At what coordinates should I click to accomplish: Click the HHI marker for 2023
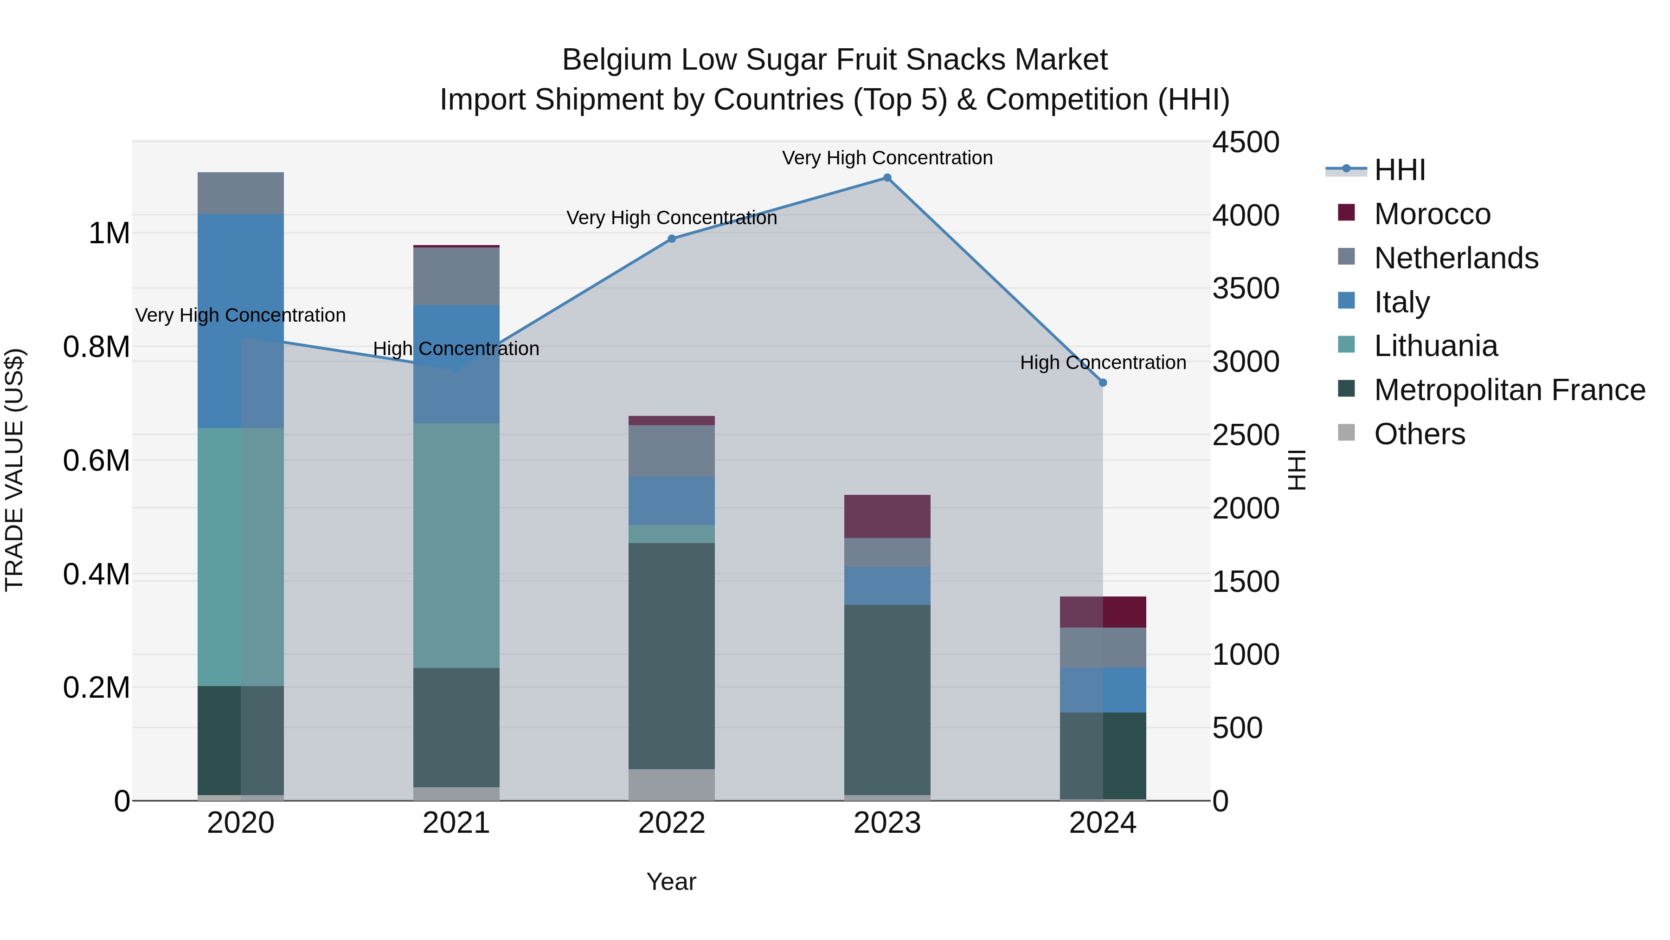[x=887, y=178]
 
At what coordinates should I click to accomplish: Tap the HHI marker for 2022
[x=672, y=239]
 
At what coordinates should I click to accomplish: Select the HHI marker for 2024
[x=1103, y=383]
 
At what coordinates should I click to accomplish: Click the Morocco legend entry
[x=1432, y=214]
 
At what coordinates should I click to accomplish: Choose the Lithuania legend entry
[x=1435, y=346]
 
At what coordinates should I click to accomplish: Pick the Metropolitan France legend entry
[x=1509, y=390]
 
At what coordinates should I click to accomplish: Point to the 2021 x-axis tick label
[x=456, y=823]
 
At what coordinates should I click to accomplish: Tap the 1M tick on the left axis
[x=109, y=233]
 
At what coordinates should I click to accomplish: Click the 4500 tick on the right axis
[x=1246, y=142]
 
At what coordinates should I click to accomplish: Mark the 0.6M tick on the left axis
[x=96, y=460]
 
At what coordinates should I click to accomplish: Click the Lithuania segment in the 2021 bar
[x=456, y=545]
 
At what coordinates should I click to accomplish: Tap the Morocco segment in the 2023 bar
[x=887, y=516]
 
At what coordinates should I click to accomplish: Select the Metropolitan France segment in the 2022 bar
[x=672, y=655]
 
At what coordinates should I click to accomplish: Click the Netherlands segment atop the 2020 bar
[x=240, y=193]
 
